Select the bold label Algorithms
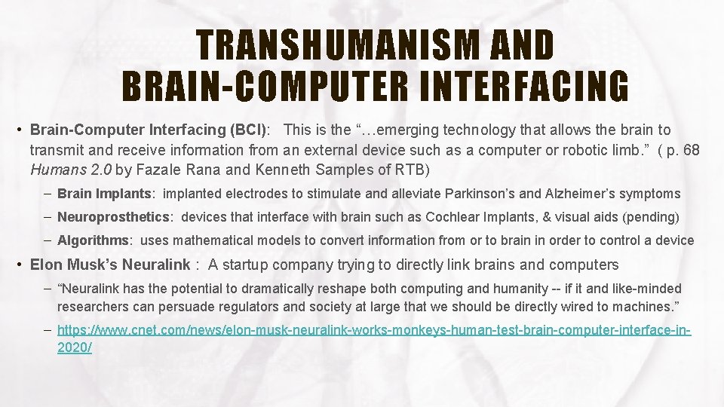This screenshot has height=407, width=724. tap(93, 240)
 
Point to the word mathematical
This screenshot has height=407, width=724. tap(245, 240)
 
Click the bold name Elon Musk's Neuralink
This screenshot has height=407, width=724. tap(110, 265)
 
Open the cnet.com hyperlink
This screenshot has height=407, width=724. tap(374, 330)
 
